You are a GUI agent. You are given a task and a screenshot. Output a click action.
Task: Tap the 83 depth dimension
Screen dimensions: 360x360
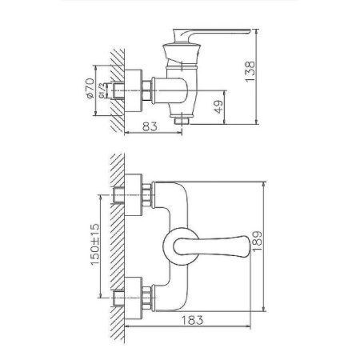coord(150,126)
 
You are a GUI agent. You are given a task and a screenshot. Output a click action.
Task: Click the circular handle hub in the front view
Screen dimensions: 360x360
coord(178,246)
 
